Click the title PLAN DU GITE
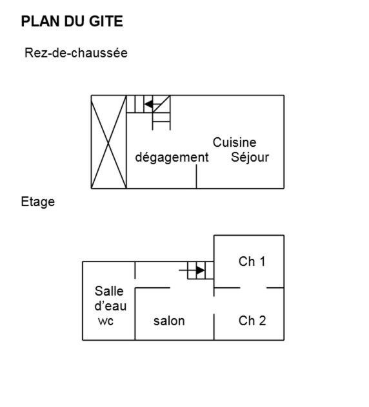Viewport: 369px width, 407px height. [72, 21]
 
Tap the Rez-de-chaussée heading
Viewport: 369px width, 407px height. [76, 53]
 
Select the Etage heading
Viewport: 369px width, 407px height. [37, 202]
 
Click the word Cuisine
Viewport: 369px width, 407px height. [234, 142]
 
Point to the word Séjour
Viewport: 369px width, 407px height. [250, 157]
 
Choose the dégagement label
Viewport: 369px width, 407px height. [172, 157]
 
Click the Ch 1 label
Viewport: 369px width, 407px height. [252, 261]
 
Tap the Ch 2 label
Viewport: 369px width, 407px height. [252, 321]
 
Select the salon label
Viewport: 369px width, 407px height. [169, 321]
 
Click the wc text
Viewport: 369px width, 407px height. [106, 321]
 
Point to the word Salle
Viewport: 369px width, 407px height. [109, 291]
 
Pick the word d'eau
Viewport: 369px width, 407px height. [110, 306]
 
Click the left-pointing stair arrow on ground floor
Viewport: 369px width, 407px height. [153, 104]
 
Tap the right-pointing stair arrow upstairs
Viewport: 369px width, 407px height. [192, 270]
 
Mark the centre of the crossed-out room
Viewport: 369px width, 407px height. [108, 142]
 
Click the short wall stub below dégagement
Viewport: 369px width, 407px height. [196, 176]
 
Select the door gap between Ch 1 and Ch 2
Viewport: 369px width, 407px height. [253, 288]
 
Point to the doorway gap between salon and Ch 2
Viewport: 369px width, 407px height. [214, 305]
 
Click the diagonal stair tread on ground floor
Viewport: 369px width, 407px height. [161, 104]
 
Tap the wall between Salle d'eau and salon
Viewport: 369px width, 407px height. [135, 314]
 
